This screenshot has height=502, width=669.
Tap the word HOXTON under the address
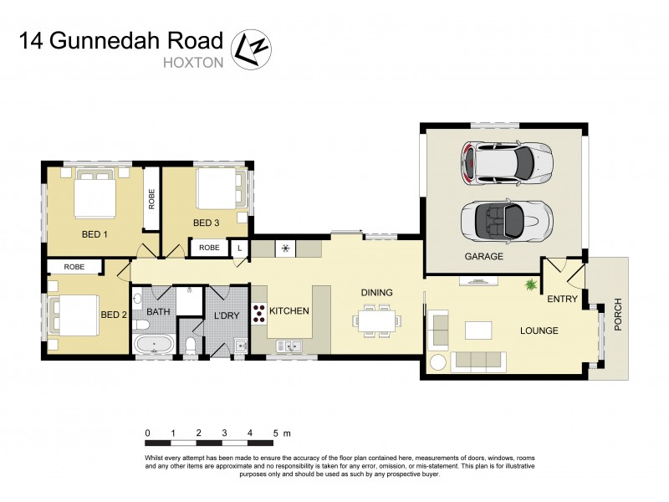pyautogui.click(x=194, y=61)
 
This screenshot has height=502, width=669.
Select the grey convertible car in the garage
pyautogui.click(x=506, y=219)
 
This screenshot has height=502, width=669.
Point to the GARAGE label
pyautogui.click(x=483, y=257)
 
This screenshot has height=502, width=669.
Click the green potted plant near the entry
pyautogui.click(x=530, y=286)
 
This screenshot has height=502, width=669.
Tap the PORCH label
pyautogui.click(x=618, y=315)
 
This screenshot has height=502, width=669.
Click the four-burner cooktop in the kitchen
pyautogui.click(x=259, y=314)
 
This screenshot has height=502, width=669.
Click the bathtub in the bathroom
pyautogui.click(x=153, y=345)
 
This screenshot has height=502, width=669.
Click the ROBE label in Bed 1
pyautogui.click(x=151, y=199)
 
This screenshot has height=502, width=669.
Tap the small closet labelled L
pyautogui.click(x=240, y=248)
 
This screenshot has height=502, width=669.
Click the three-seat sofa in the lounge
pyautogui.click(x=477, y=361)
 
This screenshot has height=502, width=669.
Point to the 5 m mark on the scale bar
pyautogui.click(x=275, y=433)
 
